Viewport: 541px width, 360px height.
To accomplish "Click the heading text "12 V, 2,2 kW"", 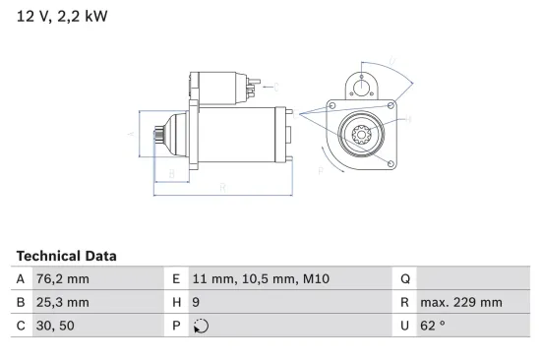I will (x=62, y=17).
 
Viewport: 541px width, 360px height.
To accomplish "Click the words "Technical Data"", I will (x=66, y=256).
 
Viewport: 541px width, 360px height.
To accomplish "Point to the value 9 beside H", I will (x=197, y=303).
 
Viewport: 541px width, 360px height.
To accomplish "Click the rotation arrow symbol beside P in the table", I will (x=201, y=327).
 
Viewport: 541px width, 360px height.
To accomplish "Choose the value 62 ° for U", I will (x=433, y=327).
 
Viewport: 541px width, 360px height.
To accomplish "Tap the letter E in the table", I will (x=175, y=279).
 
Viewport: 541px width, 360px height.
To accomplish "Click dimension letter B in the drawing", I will (x=172, y=174).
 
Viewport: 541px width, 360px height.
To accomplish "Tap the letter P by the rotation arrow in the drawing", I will (x=322, y=169).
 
